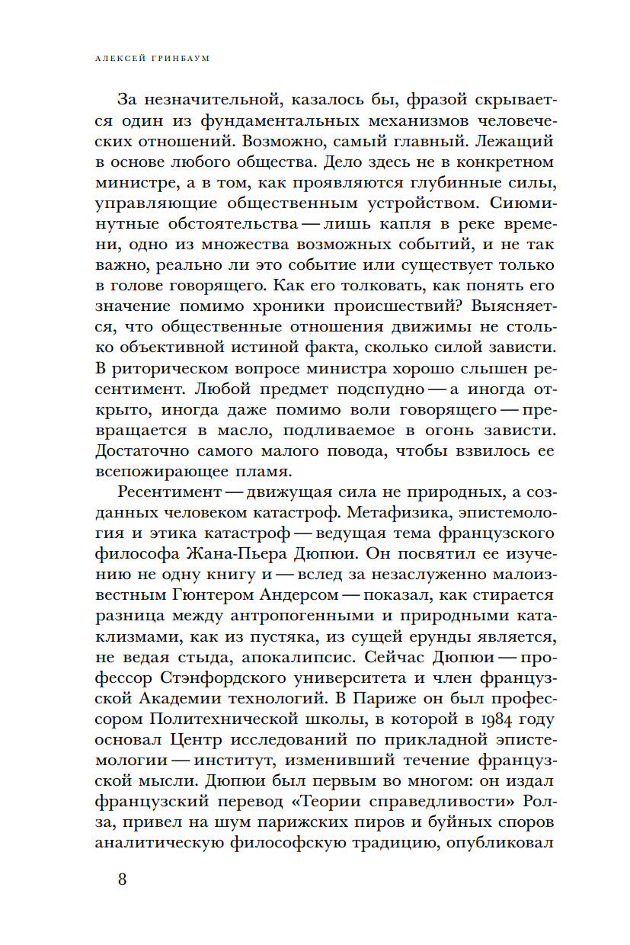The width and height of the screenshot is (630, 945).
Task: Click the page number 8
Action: [123, 879]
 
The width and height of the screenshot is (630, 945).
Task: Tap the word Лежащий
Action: [523, 140]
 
